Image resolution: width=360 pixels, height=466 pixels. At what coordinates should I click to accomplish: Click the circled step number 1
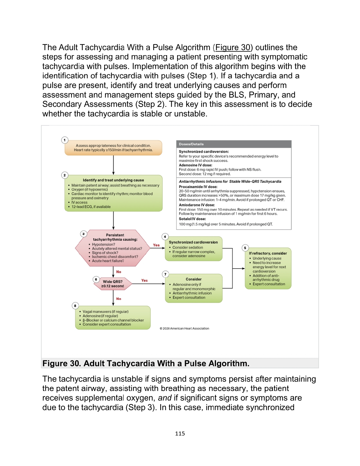pyautogui.click(x=65, y=140)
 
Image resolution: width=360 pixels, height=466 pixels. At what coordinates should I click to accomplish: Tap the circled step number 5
pyautogui.click(x=245, y=248)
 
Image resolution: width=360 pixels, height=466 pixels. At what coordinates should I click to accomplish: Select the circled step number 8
pyautogui.click(x=75, y=306)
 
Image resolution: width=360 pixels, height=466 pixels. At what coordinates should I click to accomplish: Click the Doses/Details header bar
pyautogui.click(x=233, y=144)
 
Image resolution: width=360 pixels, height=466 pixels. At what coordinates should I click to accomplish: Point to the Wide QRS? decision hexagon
pyautogui.click(x=113, y=284)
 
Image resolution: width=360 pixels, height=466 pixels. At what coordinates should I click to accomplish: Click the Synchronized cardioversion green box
pyautogui.click(x=193, y=249)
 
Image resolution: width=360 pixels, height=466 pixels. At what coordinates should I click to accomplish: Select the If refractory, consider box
pyautogui.click(x=268, y=268)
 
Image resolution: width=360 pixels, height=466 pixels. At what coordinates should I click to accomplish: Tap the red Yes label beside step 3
pyautogui.click(x=156, y=245)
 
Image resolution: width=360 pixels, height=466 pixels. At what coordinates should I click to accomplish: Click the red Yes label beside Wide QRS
pyautogui.click(x=144, y=280)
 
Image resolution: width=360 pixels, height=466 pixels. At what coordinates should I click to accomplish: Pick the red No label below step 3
pyautogui.click(x=119, y=272)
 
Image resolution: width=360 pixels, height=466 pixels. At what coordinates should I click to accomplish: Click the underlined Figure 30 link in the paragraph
pyautogui.click(x=233, y=48)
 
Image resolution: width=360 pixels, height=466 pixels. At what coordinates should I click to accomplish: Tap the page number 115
pyautogui.click(x=180, y=434)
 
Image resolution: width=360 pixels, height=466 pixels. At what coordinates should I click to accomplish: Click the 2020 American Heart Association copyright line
pyautogui.click(x=184, y=328)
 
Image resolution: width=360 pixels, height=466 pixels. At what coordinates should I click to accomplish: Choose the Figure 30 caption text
pyautogui.click(x=146, y=363)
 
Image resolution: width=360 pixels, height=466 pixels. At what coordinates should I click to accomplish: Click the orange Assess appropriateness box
pyautogui.click(x=113, y=148)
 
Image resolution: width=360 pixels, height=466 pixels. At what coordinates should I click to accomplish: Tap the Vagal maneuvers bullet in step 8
pyautogui.click(x=105, y=312)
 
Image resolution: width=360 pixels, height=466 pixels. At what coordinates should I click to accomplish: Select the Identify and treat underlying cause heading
pyautogui.click(x=113, y=180)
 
